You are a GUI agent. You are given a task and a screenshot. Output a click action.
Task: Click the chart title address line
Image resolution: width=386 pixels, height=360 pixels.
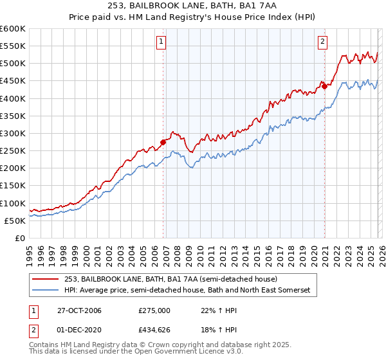(x=192, y=5)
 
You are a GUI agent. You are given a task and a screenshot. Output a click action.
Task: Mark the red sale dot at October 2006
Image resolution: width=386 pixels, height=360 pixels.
(x=163, y=143)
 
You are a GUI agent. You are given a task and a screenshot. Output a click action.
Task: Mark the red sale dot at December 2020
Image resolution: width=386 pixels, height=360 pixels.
(x=325, y=86)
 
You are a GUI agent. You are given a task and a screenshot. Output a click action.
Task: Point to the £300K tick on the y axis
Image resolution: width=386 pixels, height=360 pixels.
(x=13, y=133)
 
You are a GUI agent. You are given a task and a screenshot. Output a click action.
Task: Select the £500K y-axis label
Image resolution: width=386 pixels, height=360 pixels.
(x=13, y=63)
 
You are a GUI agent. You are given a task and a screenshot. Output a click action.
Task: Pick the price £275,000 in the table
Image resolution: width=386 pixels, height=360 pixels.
(x=154, y=310)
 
